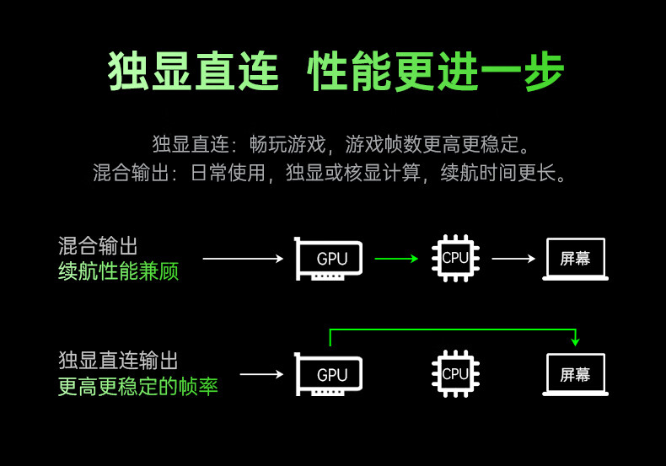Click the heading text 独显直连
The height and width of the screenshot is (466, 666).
(193, 72)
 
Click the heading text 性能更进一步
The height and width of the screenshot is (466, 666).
(436, 72)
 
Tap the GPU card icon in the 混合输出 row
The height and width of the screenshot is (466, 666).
(328, 259)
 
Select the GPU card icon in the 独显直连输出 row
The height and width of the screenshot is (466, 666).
(328, 374)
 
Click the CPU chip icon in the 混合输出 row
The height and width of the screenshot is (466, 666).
(455, 258)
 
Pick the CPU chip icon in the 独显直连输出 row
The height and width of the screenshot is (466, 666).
(455, 374)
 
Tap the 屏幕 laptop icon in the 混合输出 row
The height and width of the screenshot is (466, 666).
(576, 259)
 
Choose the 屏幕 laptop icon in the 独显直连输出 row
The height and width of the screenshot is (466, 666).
(576, 375)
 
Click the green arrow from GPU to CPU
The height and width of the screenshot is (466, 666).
(397, 259)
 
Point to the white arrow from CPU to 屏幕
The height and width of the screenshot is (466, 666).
(513, 259)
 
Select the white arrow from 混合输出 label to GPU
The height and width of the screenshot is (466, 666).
(243, 259)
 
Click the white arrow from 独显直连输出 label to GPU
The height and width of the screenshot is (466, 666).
(261, 374)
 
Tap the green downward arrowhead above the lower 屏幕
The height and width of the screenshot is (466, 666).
(576, 341)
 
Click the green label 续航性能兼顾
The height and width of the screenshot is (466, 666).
(119, 271)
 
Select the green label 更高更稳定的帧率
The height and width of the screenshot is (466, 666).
(138, 387)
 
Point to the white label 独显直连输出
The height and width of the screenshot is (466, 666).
(119, 361)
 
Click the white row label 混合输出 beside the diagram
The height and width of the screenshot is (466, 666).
(98, 246)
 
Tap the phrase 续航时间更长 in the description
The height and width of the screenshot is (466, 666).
(498, 173)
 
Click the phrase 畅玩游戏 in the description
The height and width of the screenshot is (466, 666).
(287, 144)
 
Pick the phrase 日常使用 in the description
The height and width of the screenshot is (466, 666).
(228, 173)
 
